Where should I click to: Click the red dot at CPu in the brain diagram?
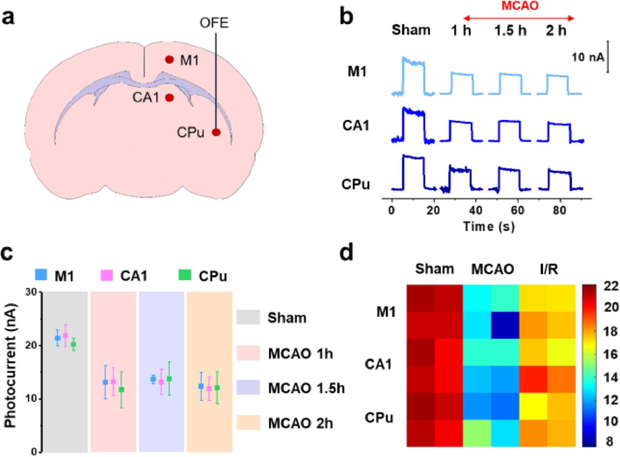(216, 132)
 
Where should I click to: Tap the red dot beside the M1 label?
(169, 59)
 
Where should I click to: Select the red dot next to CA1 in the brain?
(169, 98)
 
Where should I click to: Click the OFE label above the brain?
(214, 23)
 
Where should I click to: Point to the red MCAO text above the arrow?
(520, 6)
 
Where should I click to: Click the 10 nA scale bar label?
(588, 57)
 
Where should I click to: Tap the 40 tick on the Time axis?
(475, 210)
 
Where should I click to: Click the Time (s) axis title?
(489, 226)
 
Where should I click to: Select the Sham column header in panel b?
(411, 30)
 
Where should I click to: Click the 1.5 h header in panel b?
(510, 30)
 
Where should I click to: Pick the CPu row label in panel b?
(356, 184)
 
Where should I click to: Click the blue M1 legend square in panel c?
(41, 275)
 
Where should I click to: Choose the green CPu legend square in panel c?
(185, 275)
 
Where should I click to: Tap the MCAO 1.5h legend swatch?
(248, 387)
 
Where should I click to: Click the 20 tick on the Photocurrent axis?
(34, 345)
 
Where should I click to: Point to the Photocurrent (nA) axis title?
(11, 366)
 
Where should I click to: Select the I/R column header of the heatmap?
(548, 269)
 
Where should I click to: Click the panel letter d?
(347, 254)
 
